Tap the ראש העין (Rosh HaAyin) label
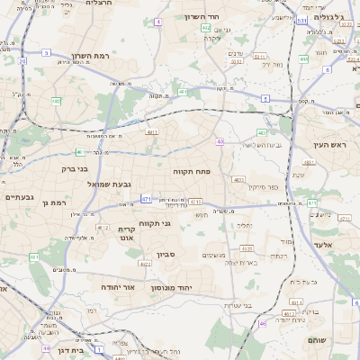[329, 144]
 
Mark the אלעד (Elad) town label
[323, 244]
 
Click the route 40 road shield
[220, 141]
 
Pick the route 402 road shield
[206, 28]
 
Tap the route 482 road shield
[56, 102]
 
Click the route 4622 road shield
[145, 265]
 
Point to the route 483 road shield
[261, 132]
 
